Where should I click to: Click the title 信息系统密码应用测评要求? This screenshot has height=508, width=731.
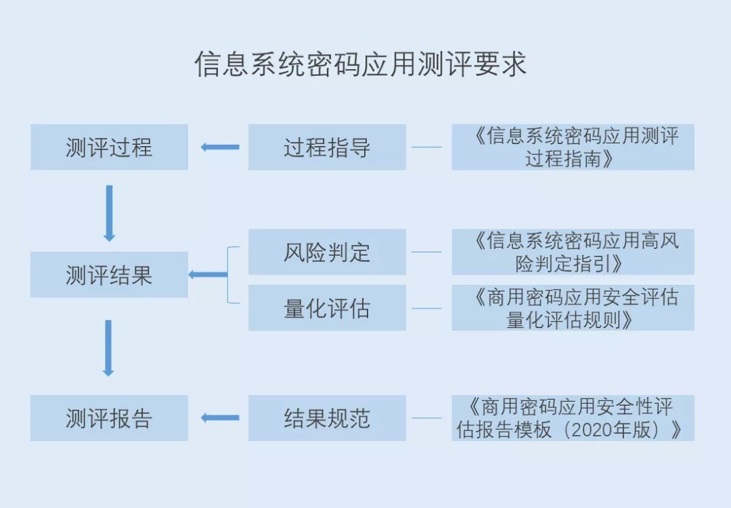[360, 65]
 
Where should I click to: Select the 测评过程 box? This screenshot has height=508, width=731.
[109, 147]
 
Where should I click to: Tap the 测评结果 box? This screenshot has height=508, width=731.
[109, 275]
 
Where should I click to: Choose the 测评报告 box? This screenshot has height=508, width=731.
[109, 418]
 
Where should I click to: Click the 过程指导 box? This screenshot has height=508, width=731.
[327, 147]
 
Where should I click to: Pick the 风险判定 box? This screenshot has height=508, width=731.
[327, 252]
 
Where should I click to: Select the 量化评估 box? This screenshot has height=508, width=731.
[327, 308]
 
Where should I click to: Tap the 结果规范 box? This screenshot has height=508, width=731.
[327, 418]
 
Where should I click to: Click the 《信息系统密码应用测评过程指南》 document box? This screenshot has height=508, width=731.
[573, 147]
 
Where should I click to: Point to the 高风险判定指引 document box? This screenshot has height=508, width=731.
[573, 252]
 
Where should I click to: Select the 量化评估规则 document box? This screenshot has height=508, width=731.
[573, 308]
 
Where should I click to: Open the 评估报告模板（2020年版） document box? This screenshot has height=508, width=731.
[573, 418]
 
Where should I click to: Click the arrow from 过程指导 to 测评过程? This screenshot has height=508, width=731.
[220, 147]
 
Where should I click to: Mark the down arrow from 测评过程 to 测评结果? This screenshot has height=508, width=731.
[109, 212]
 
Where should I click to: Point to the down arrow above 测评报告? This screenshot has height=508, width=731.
[108, 347]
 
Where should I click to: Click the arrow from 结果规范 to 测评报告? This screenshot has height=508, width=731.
[220, 418]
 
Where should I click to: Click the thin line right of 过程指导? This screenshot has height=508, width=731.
[426, 147]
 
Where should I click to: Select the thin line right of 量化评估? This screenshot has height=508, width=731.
[426, 308]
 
